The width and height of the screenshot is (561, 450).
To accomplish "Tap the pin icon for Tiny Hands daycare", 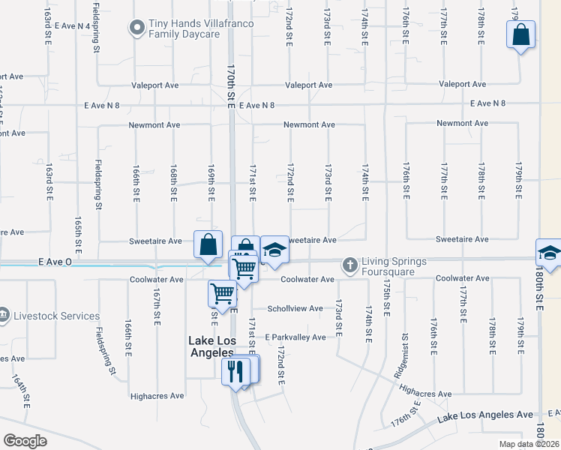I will pos(136,29).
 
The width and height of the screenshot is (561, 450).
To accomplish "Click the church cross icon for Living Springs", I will pos(349,265).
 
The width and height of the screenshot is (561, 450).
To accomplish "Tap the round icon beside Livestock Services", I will pos(4,314).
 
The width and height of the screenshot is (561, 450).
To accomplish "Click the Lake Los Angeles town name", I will pos(211,346).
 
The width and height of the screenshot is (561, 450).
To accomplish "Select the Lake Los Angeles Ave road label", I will pos(484,415).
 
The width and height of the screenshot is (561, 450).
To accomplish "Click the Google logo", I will pos(25,441).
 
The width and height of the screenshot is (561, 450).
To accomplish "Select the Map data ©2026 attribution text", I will pos(529,444).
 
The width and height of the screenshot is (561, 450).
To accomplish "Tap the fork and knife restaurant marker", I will pos(236,370).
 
